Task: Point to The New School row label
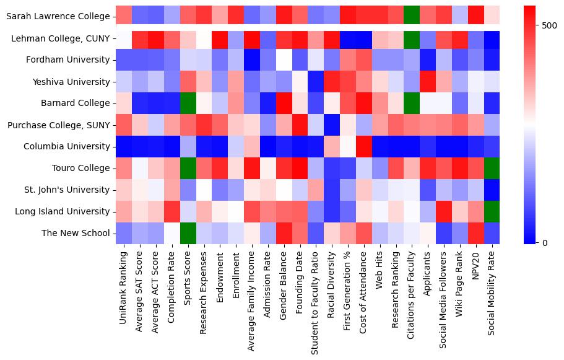(x=75, y=233)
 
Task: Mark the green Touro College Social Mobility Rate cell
(x=492, y=169)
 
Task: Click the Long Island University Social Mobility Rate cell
(x=492, y=211)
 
